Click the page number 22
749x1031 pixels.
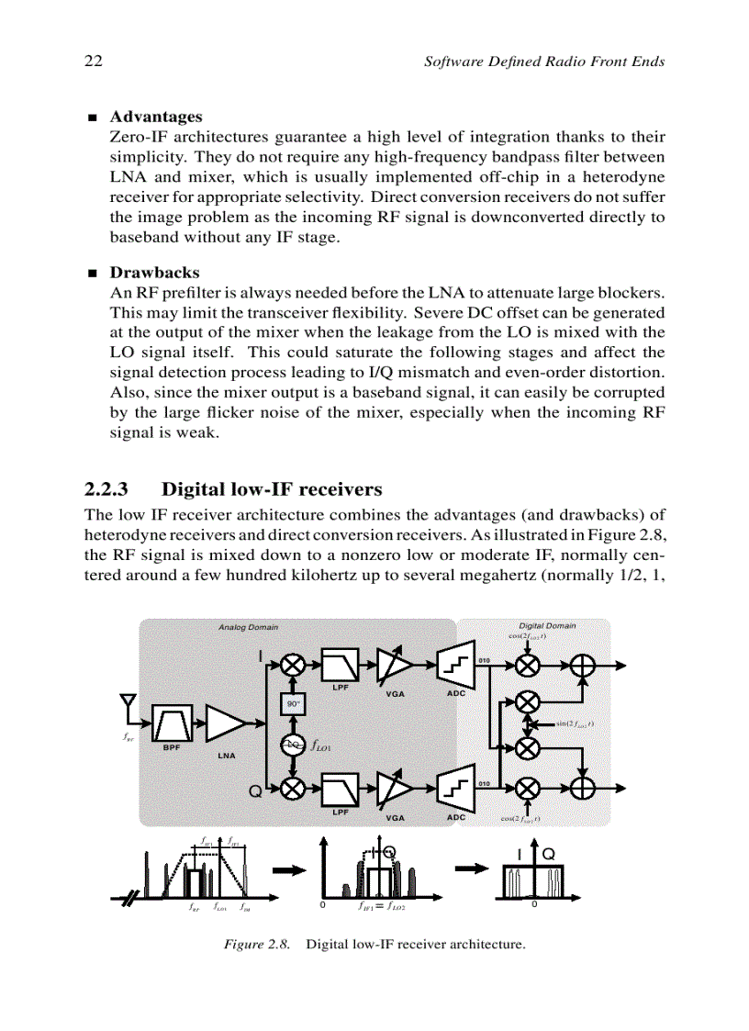pyautogui.click(x=92, y=62)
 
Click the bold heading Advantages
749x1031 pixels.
pyautogui.click(x=156, y=117)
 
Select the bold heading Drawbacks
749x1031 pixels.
pyautogui.click(x=154, y=273)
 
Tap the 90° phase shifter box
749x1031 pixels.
pyautogui.click(x=292, y=703)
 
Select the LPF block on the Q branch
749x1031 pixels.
pyautogui.click(x=339, y=788)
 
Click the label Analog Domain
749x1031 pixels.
pyautogui.click(x=248, y=628)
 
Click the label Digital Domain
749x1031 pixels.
pyautogui.click(x=547, y=626)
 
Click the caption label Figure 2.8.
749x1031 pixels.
pyautogui.click(x=257, y=944)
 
